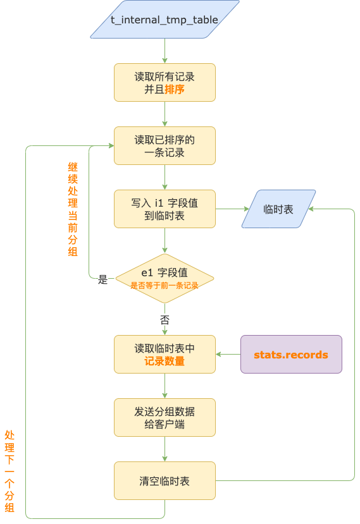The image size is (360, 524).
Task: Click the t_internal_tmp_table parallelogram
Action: coord(164,20)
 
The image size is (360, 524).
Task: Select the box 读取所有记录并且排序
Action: coord(164,82)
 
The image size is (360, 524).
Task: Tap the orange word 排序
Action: coord(175,89)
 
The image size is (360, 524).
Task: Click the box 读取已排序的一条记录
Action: coord(164,145)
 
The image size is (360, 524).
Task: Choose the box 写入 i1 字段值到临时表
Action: coord(164,209)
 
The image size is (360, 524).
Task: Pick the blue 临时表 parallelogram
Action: coord(278,209)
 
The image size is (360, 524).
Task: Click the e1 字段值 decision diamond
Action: coord(164,278)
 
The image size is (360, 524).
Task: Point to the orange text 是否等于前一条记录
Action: coord(164,286)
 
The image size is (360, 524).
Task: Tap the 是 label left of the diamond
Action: coord(103,279)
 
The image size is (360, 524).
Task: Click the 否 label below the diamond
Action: coord(164,319)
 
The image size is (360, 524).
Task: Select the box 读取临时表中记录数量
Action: coord(164,354)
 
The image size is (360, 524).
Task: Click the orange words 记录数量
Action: coord(164,362)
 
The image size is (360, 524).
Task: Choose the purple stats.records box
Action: coord(291,354)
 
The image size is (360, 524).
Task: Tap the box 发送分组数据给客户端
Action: coord(164,417)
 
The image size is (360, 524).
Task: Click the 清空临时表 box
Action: coord(164,480)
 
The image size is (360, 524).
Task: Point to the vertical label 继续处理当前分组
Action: coord(73,209)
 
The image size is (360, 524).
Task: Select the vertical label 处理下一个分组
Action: coord(9,471)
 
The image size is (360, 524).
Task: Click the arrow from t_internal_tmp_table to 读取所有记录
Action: coord(164,51)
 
